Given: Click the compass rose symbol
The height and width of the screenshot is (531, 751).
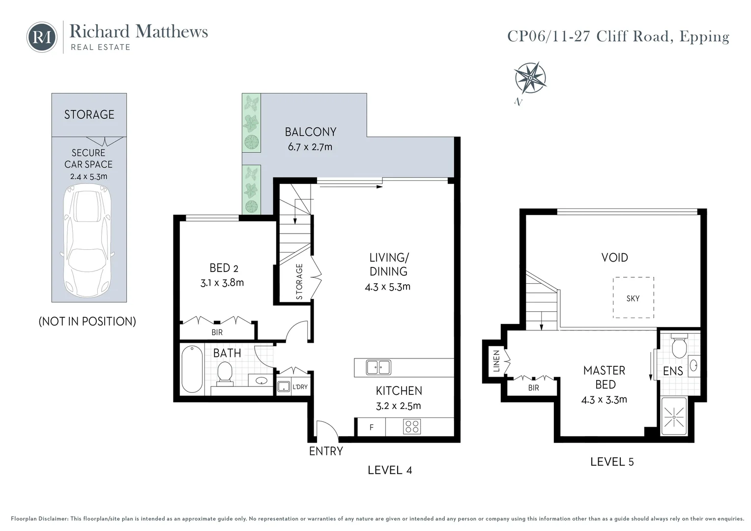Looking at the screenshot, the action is (530, 78).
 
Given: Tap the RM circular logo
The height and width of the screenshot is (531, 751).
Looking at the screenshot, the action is (42, 37).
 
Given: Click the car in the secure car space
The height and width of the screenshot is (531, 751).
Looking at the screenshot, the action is (88, 241).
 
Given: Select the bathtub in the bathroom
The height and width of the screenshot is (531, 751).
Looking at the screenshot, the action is (192, 369).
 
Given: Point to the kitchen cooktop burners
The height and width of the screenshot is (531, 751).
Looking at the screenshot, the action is (412, 426).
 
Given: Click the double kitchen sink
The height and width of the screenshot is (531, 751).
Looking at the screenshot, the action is (378, 367).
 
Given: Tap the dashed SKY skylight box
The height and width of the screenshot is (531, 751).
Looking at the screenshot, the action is (633, 297).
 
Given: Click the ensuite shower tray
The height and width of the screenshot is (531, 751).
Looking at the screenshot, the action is (674, 416).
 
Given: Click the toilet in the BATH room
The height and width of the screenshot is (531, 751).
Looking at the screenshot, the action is (225, 372).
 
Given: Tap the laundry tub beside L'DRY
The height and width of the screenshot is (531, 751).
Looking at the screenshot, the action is (284, 386).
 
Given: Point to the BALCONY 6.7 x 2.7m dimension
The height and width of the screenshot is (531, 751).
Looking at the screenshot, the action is (310, 147).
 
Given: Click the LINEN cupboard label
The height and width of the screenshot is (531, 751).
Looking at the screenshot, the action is (496, 360).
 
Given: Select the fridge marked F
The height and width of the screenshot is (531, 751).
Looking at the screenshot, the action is (371, 427).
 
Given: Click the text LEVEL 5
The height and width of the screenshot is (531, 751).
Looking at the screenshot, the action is (612, 462).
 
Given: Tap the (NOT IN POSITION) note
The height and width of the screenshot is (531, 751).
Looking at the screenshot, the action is (87, 322).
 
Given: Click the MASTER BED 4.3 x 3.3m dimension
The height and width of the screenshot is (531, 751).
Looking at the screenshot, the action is (604, 400).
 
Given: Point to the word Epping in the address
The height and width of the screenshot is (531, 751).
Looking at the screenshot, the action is (704, 37).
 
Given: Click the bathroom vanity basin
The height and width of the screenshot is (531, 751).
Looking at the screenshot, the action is (261, 381).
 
